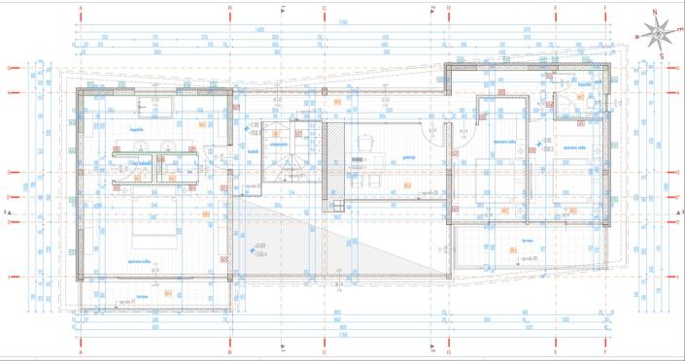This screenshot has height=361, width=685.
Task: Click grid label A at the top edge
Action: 82,7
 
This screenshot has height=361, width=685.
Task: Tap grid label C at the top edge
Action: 324,7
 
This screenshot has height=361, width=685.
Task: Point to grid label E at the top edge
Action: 555,7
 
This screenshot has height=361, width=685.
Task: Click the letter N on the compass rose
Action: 658,13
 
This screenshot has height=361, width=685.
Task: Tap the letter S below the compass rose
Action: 662,56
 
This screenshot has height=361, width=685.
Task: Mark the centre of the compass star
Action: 659,34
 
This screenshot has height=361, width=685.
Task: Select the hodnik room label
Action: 251,150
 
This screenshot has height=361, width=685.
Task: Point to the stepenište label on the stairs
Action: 285,145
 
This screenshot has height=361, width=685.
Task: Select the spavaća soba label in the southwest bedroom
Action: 141,260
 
